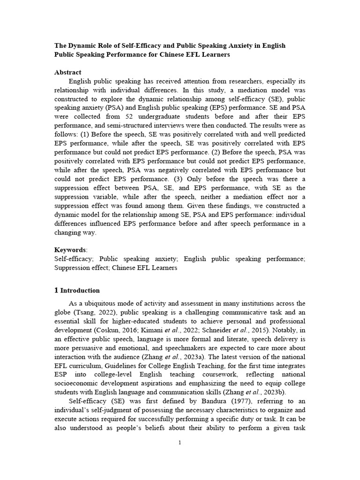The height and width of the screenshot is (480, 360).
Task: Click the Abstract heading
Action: (x=68, y=72)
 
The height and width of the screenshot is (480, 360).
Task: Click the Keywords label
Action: (x=70, y=249)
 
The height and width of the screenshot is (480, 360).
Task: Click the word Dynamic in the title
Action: (x=85, y=45)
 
